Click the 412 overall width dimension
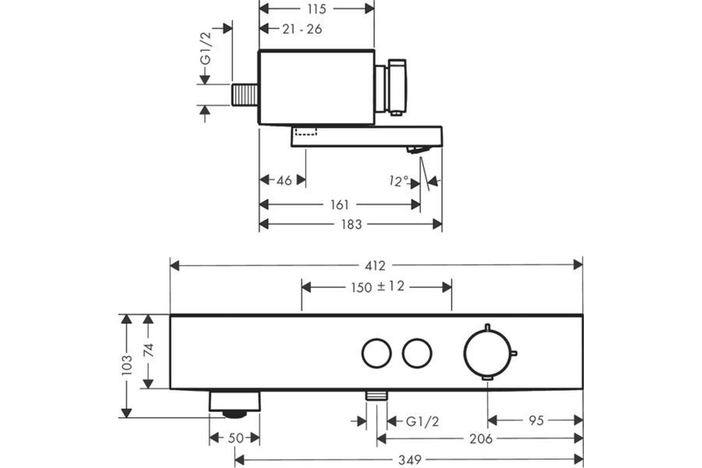[375, 266]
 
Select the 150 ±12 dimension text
[377, 287]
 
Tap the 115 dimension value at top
[317, 9]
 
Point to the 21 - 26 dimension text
[302, 29]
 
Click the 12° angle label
[398, 181]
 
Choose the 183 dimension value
[352, 225]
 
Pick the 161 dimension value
[340, 205]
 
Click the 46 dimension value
[284, 181]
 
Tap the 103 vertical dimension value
[126, 365]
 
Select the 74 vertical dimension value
[149, 350]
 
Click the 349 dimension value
[409, 460]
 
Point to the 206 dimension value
[481, 439]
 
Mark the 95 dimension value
[536, 421]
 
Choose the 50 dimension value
[236, 438]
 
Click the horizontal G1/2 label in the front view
[422, 422]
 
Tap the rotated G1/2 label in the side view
[206, 49]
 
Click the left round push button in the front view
[376, 353]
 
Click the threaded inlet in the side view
[245, 95]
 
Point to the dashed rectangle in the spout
[306, 132]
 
